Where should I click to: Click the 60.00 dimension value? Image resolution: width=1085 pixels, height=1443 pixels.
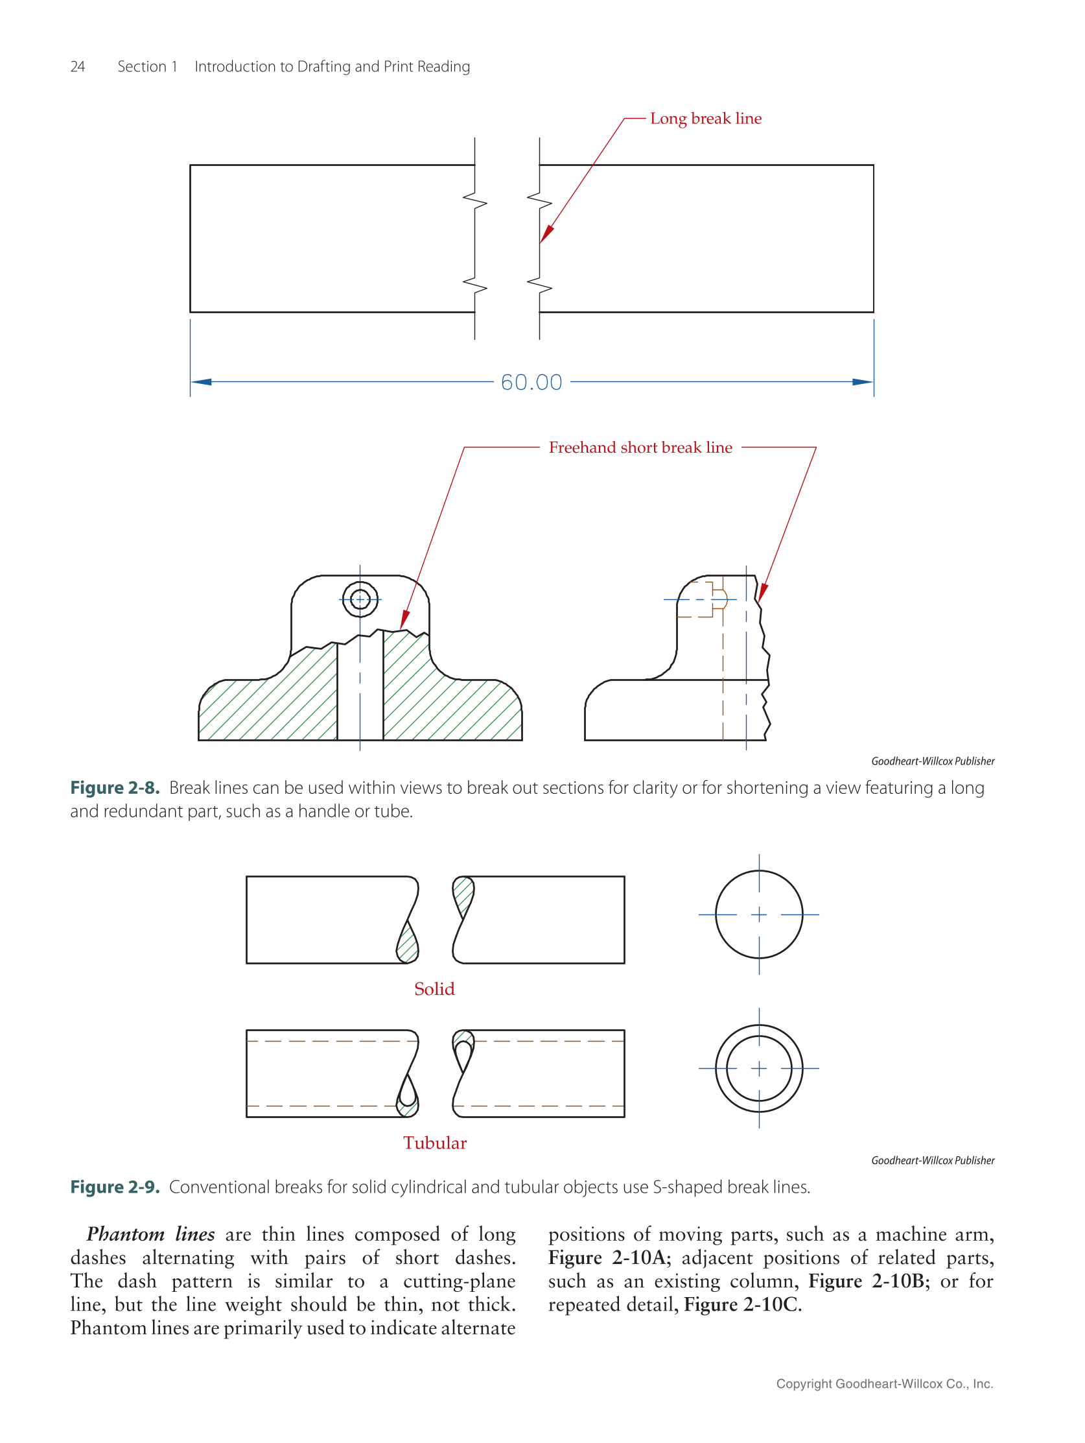tap(531, 382)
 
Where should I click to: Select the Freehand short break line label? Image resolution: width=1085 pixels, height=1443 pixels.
tap(640, 447)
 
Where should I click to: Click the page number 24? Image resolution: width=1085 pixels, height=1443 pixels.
tap(78, 67)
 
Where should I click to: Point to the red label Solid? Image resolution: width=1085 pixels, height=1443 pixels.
tap(434, 989)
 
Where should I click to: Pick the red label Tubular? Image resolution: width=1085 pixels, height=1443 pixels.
tap(434, 1143)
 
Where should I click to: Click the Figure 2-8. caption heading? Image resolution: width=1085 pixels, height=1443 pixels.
tap(115, 788)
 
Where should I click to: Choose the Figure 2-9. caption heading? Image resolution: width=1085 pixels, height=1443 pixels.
tap(115, 1187)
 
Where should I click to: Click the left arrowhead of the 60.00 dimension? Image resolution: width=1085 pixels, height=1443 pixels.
tap(201, 382)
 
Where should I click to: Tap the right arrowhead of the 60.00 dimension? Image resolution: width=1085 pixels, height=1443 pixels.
tap(862, 382)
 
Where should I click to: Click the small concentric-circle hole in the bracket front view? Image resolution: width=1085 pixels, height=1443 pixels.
tap(360, 599)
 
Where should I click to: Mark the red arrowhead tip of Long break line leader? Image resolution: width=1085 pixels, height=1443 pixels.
tap(541, 241)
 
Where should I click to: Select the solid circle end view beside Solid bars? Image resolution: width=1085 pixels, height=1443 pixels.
tap(758, 914)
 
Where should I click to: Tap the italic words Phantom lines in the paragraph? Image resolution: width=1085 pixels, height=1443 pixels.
tap(150, 1234)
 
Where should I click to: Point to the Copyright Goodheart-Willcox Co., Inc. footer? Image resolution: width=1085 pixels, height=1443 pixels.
tap(884, 1383)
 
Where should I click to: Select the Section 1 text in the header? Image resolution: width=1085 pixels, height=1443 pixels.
tap(147, 67)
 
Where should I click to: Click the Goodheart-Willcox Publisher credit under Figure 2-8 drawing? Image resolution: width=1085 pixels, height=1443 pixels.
tap(933, 761)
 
